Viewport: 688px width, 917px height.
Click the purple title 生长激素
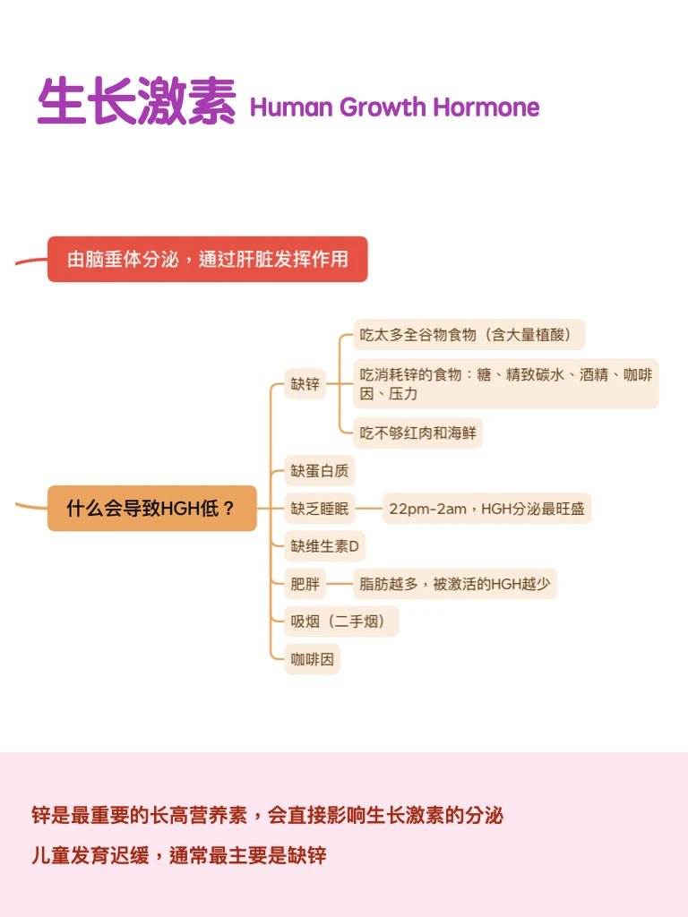(136, 100)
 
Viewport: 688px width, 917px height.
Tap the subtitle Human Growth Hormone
(394, 107)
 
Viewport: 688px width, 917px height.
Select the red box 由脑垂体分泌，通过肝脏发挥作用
(208, 260)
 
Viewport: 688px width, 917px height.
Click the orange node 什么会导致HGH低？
(151, 509)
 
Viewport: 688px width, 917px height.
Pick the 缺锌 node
(305, 384)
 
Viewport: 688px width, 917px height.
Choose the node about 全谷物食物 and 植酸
(469, 335)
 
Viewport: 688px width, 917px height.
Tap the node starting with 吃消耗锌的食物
(505, 384)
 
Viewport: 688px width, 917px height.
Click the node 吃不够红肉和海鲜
(417, 434)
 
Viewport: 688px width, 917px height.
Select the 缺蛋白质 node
(320, 470)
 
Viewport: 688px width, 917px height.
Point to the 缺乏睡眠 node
(320, 509)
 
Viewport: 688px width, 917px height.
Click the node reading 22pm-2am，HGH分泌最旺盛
(486, 509)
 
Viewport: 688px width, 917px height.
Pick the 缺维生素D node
(325, 546)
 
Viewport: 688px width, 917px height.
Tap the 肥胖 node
(305, 585)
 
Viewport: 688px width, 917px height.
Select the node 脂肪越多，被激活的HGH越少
(454, 585)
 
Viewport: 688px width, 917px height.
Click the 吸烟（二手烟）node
(341, 621)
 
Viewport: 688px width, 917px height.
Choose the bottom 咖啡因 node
(312, 660)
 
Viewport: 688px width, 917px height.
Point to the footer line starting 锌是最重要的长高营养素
(267, 815)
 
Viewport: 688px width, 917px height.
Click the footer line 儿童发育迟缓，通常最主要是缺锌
(178, 855)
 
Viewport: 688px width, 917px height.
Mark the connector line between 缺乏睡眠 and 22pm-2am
(368, 509)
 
